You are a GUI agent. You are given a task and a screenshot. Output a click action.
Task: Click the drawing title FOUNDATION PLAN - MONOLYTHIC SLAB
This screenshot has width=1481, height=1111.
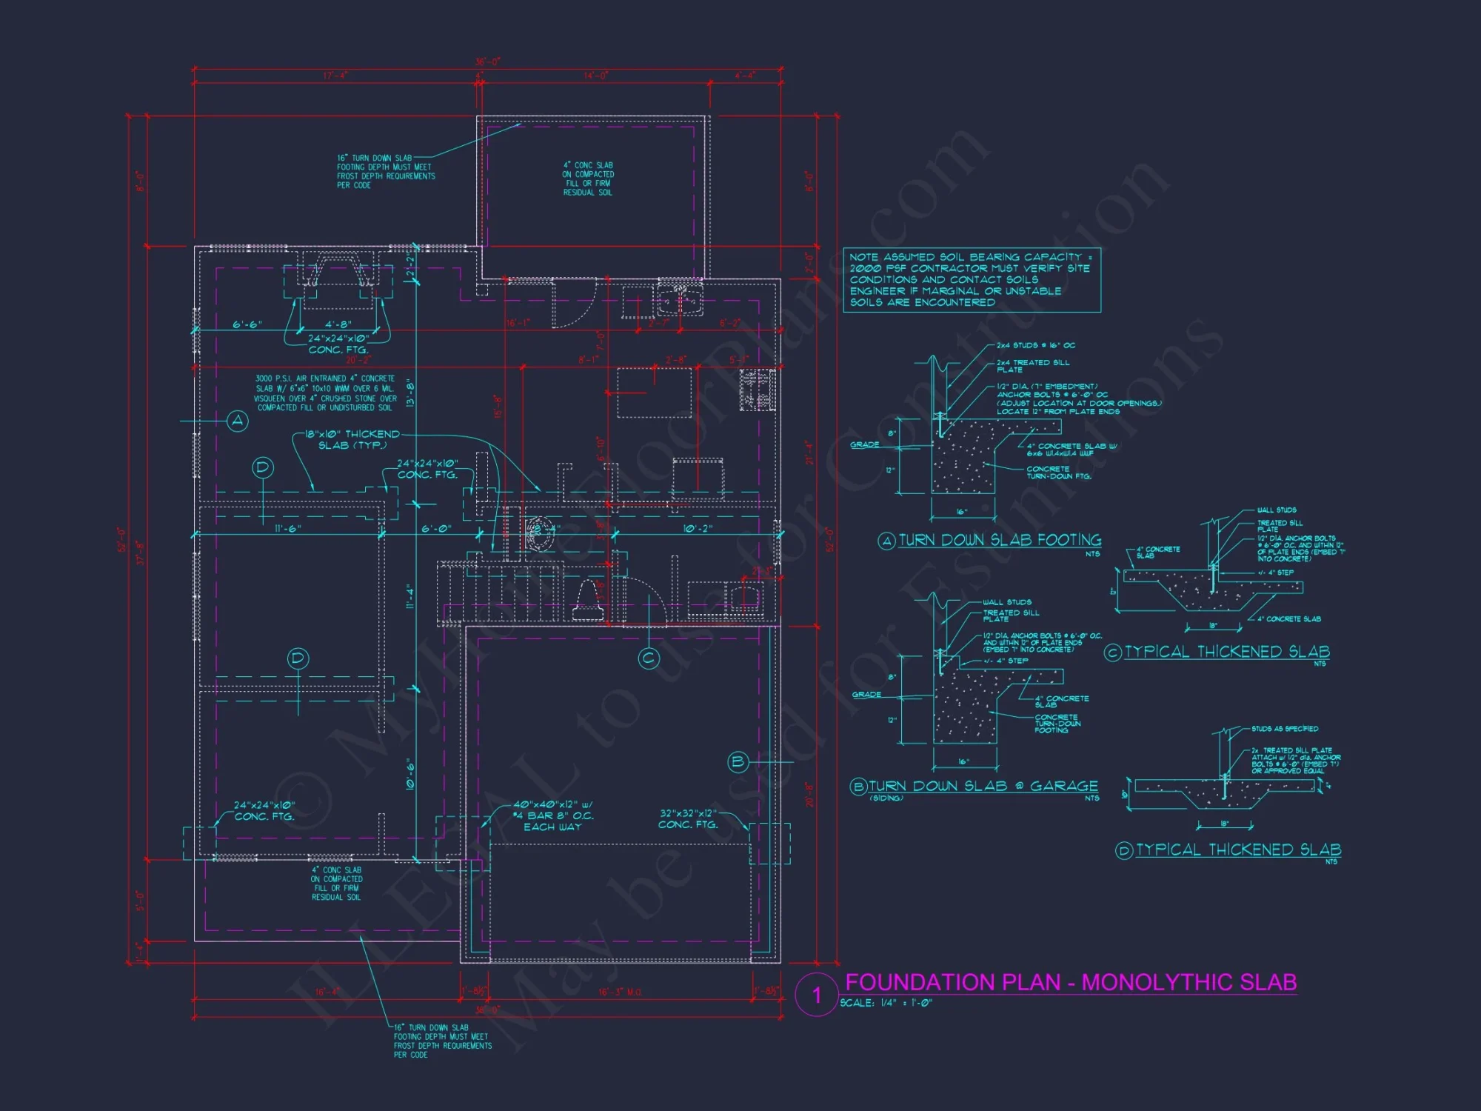pyautogui.click(x=1070, y=982)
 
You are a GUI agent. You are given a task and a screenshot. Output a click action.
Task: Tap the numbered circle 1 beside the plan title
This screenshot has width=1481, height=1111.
pyautogui.click(x=817, y=995)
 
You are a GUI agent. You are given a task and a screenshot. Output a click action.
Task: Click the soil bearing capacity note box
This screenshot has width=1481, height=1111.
pyautogui.click(x=972, y=280)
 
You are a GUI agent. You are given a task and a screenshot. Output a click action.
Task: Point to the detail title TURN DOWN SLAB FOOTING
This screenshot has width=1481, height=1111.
pyautogui.click(x=1000, y=540)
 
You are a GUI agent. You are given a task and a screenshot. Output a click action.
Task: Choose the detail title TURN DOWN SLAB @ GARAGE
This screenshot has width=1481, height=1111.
pyautogui.click(x=983, y=786)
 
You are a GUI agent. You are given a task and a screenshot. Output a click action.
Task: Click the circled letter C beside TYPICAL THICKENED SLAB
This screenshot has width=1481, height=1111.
pyautogui.click(x=1112, y=653)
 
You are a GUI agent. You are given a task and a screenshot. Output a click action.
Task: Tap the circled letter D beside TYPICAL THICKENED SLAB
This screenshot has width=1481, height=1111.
pyautogui.click(x=1123, y=850)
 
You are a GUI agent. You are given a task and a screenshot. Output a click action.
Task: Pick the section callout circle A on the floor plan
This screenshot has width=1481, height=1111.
pyautogui.click(x=238, y=421)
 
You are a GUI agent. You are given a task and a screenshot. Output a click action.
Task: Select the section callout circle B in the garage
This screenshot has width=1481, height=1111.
pyautogui.click(x=738, y=761)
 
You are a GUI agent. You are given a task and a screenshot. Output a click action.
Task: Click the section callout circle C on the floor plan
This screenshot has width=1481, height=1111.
pyautogui.click(x=649, y=658)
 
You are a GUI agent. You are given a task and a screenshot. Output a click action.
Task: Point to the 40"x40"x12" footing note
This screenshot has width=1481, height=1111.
pyautogui.click(x=552, y=815)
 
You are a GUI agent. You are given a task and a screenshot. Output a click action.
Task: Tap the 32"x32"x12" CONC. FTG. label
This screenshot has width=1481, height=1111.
pyautogui.click(x=688, y=818)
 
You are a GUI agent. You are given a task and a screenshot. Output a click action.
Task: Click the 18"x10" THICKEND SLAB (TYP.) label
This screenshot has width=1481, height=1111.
pyautogui.click(x=352, y=439)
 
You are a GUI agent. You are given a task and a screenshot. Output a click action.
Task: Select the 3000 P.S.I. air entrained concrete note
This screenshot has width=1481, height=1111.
pyautogui.click(x=326, y=393)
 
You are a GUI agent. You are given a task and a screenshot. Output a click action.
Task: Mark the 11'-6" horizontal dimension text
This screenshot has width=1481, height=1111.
pyautogui.click(x=288, y=529)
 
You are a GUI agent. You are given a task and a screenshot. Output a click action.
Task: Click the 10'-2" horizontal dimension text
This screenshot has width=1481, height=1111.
pyautogui.click(x=698, y=529)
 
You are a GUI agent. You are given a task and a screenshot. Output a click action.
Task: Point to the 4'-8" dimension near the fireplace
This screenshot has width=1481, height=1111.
pyautogui.click(x=338, y=324)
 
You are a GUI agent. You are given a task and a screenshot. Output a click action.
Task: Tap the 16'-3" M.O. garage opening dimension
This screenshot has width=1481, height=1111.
pyautogui.click(x=621, y=992)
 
